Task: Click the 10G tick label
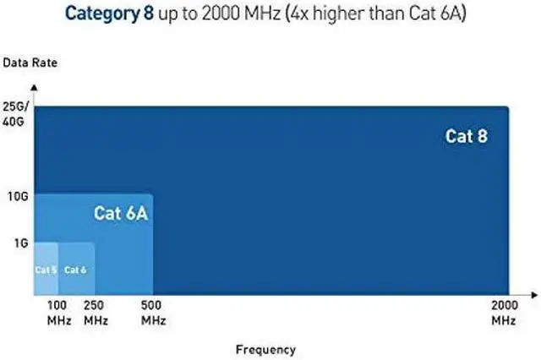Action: pos(19,196)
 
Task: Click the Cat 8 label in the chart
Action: pos(466,136)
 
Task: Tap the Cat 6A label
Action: pos(121,213)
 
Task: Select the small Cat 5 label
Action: pos(45,270)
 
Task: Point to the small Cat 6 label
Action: pos(75,270)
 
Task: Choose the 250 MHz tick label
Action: pos(95,313)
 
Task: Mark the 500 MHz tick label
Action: pos(153,313)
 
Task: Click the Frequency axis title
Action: pos(265,349)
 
